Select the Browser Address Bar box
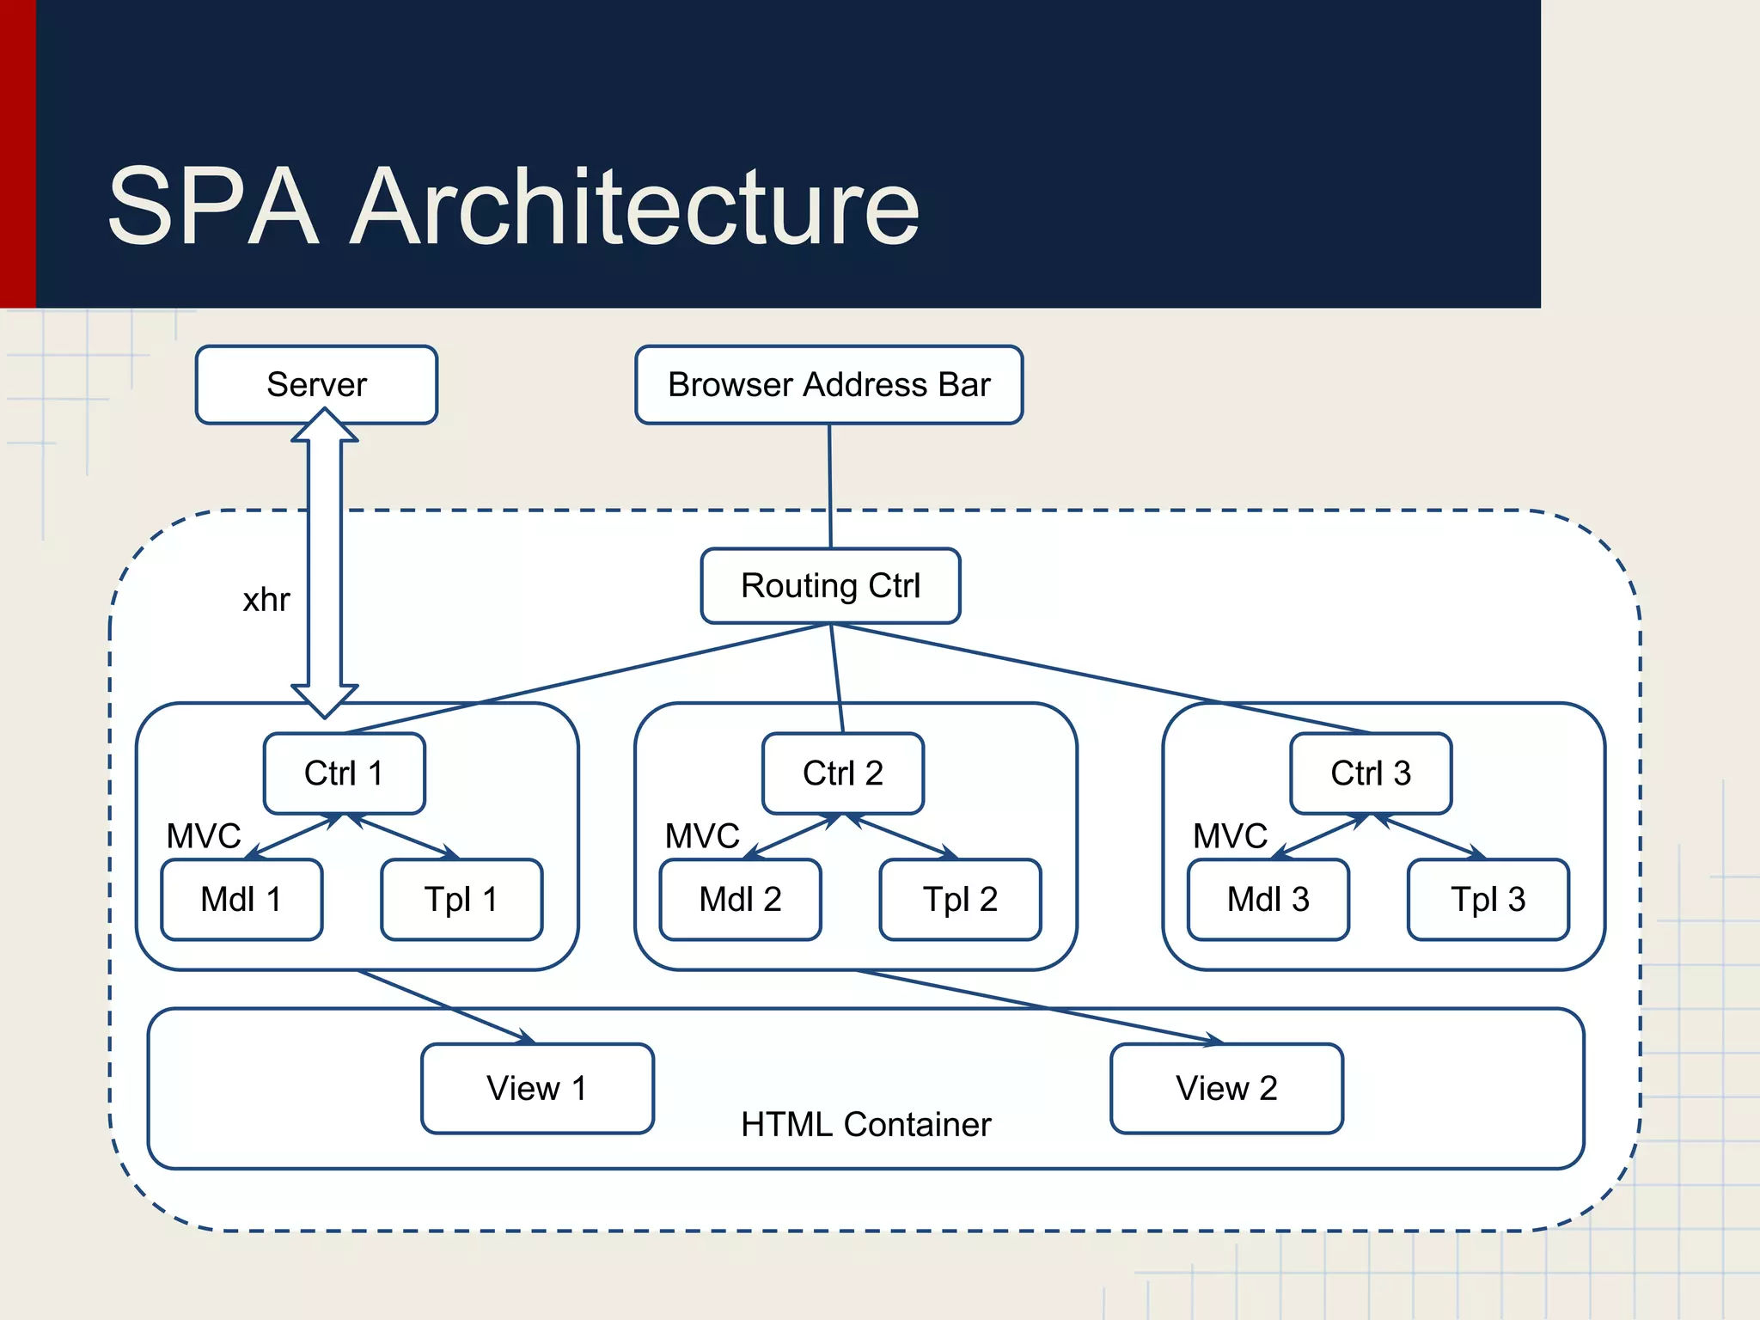(x=828, y=385)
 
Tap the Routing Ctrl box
(x=830, y=586)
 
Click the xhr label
(x=266, y=600)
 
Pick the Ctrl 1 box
(x=344, y=773)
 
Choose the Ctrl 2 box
(x=842, y=773)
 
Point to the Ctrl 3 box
(x=1371, y=773)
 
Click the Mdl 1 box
(x=241, y=900)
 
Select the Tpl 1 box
(x=461, y=900)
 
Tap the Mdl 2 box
(x=740, y=900)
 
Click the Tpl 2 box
(x=960, y=900)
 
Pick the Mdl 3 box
(x=1268, y=900)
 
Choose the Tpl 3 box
(x=1488, y=900)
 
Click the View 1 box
(x=537, y=1089)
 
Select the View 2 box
(x=1226, y=1089)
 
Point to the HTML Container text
(x=865, y=1125)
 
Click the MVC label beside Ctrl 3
(x=1230, y=836)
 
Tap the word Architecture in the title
(x=636, y=208)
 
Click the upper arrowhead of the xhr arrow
(x=325, y=426)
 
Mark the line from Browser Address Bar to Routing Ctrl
(x=830, y=486)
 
